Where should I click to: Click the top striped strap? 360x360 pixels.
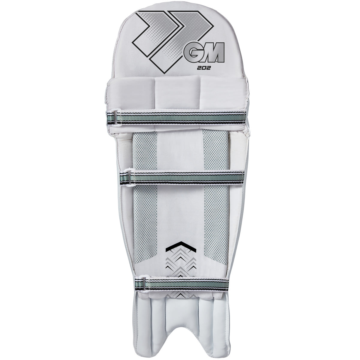tap(180, 115)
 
